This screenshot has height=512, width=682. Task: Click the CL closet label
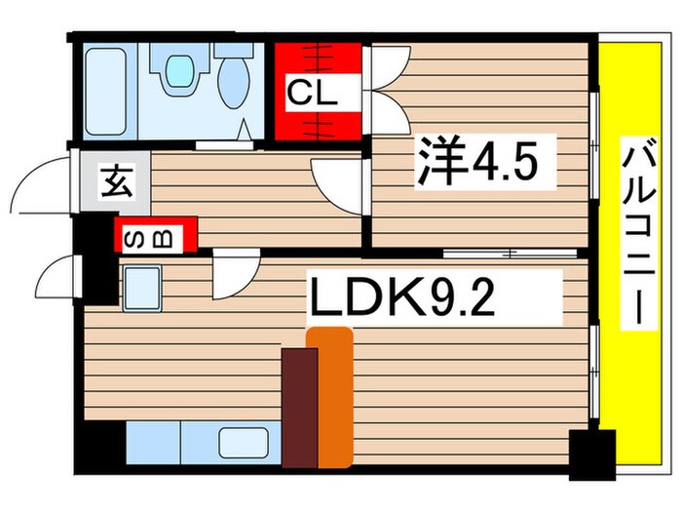[x=311, y=96]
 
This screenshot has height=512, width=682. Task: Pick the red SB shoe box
[x=157, y=235]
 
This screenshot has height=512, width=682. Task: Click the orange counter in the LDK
[x=331, y=395]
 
